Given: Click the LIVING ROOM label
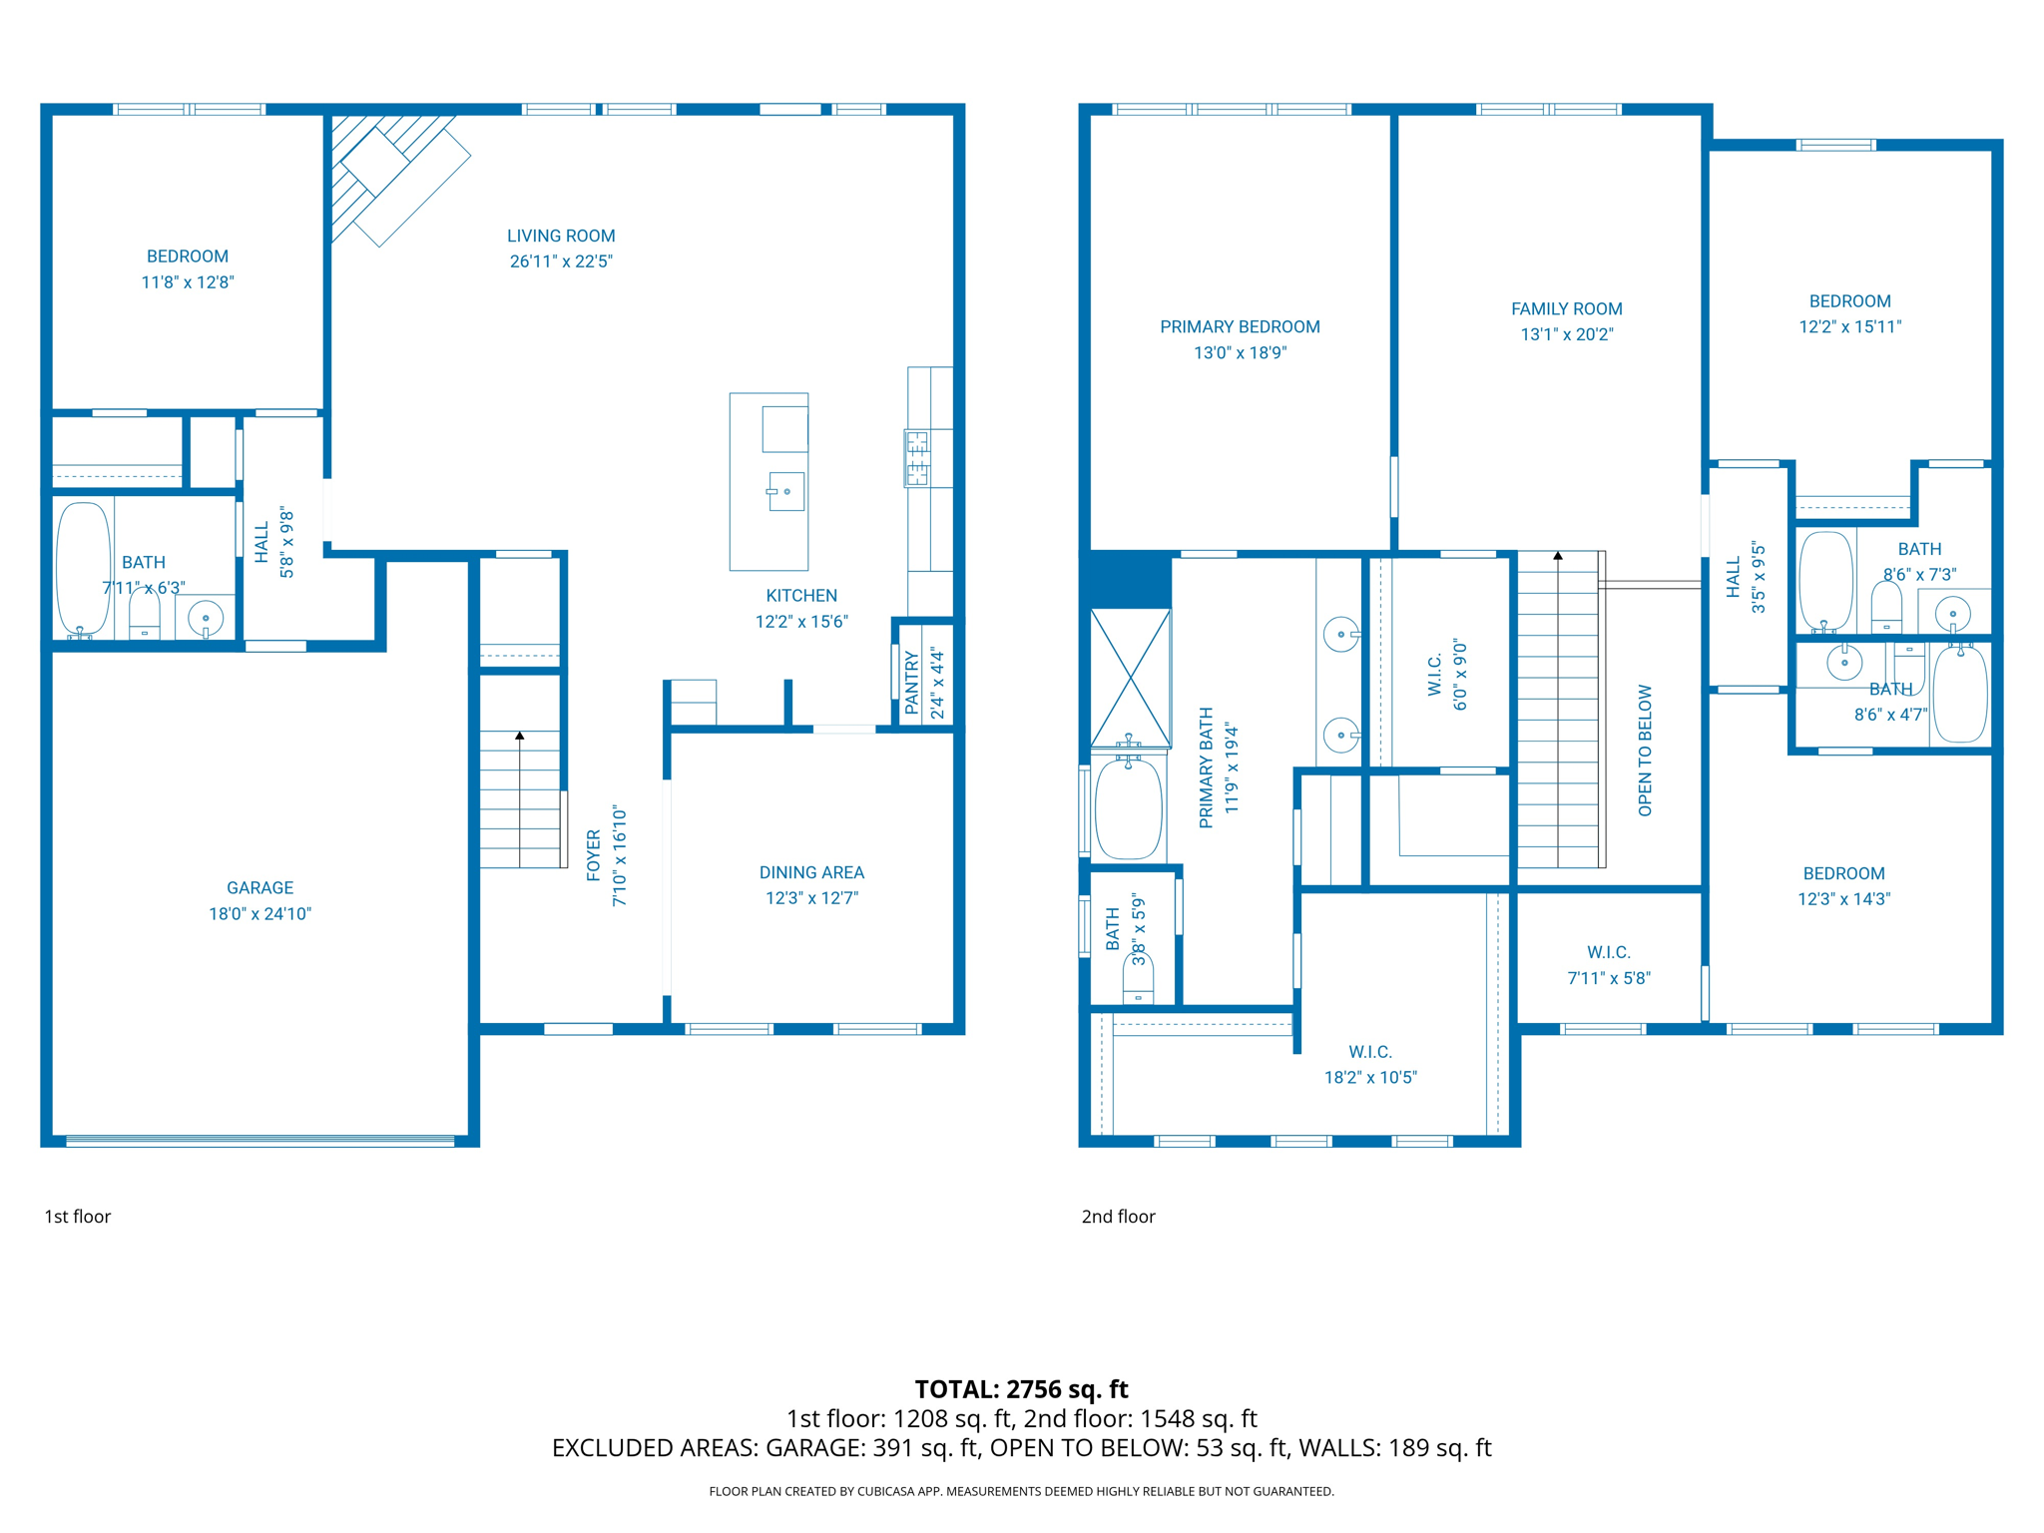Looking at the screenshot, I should pos(561,237).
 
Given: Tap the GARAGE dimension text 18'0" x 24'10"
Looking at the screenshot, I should pos(259,913).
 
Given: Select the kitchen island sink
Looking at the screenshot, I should pos(786,491).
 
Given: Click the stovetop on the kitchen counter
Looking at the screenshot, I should pos(916,458).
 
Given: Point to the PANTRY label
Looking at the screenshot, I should pos(911,684).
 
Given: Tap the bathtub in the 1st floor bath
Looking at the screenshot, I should pos(83,567).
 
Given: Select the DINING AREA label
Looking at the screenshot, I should pos(811,872).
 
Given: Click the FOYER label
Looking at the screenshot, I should pos(594,855).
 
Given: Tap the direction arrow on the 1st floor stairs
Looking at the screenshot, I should pos(520,736).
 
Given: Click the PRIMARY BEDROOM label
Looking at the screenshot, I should pos(1240,327).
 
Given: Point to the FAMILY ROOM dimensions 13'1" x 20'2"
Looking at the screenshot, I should pos(1566,334).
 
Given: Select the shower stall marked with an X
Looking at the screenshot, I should pos(1130,678).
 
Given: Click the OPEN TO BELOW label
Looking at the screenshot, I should pos(1645,751).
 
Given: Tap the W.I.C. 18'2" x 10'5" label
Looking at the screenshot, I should pos(1370,1064).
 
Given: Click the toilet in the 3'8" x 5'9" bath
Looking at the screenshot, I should pos(1138,979).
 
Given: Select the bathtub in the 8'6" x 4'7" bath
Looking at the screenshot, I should pos(1959,694).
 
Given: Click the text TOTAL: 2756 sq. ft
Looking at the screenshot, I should pos(1021,1389).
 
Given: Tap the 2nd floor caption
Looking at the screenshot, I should pos(1118,1217).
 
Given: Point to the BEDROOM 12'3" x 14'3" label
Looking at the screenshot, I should pos(1843,874).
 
